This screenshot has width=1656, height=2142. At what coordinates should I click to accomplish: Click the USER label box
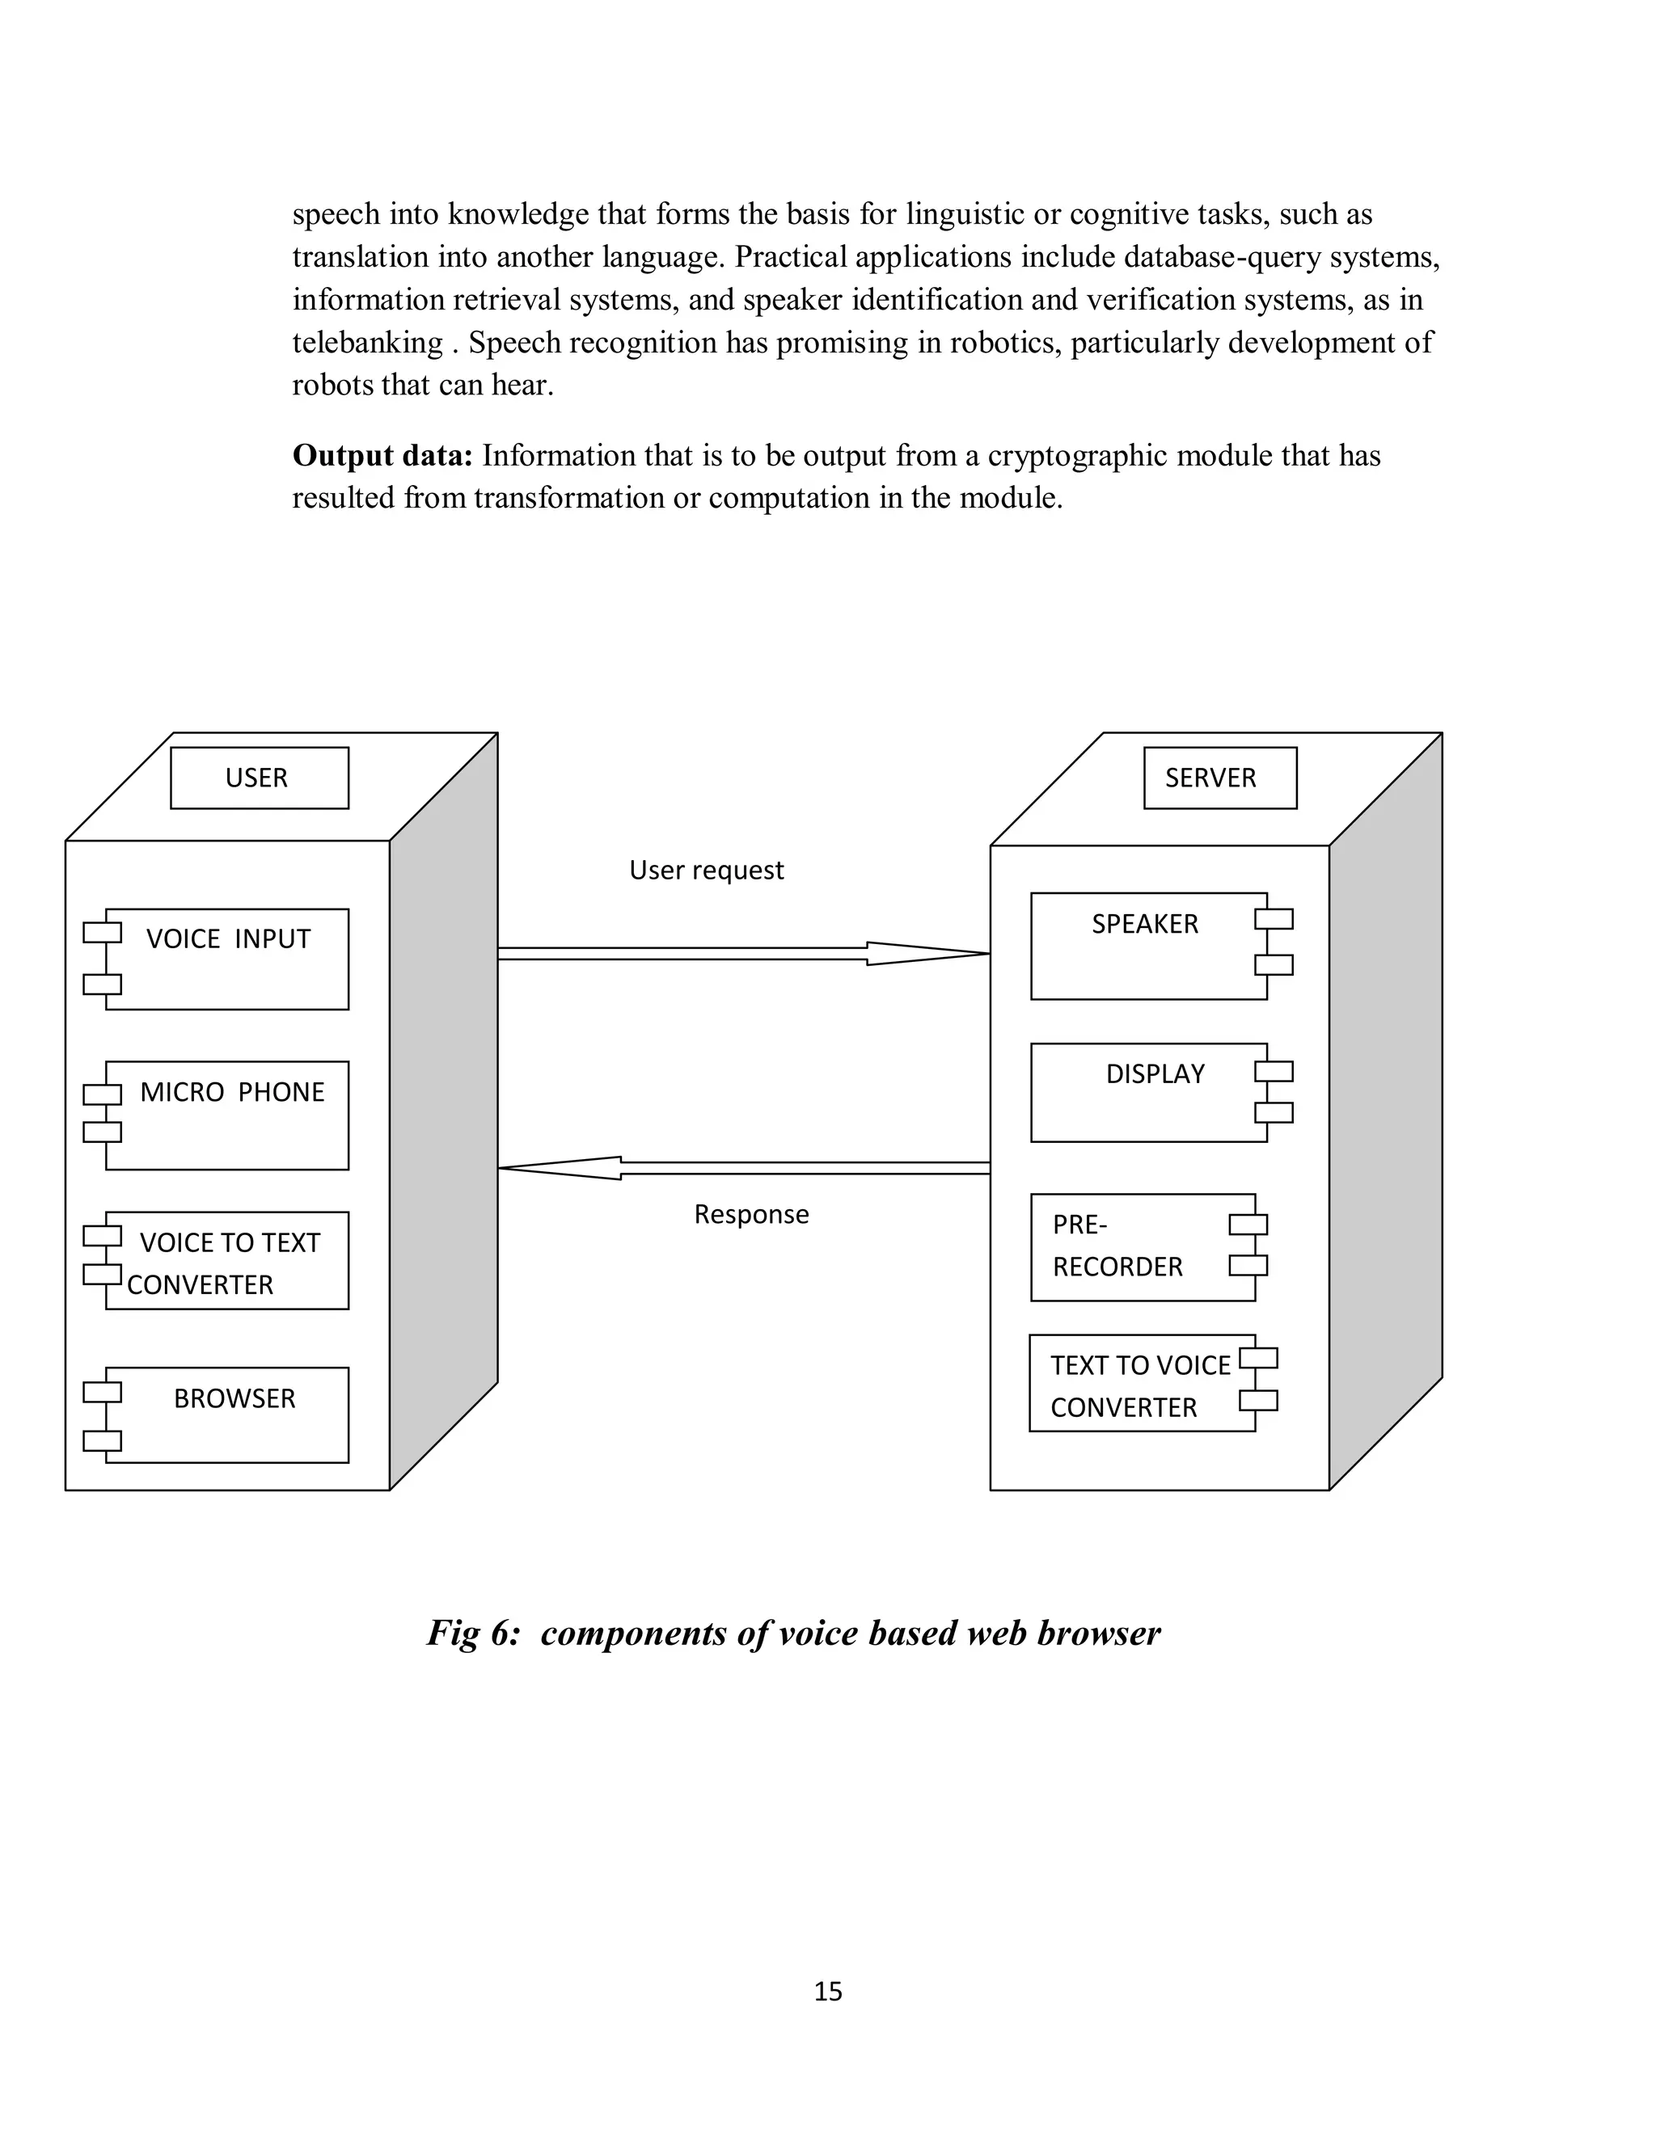click(x=259, y=778)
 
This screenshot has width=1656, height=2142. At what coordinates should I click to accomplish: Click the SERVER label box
click(x=1219, y=778)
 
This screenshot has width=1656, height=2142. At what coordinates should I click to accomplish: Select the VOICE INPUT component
click(x=226, y=959)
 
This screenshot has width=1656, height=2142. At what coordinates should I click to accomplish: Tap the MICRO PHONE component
click(x=226, y=1115)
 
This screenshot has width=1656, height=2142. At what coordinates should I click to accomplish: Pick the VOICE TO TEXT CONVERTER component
click(x=226, y=1261)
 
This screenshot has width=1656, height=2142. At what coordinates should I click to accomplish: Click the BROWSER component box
click(x=226, y=1415)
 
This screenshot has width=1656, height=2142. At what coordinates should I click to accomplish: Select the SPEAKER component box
click(x=1148, y=947)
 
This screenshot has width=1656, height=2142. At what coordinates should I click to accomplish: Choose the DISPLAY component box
click(x=1148, y=1093)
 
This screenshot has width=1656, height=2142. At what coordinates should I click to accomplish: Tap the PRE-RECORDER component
click(x=1143, y=1247)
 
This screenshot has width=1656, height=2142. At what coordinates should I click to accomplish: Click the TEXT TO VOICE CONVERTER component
click(x=1142, y=1384)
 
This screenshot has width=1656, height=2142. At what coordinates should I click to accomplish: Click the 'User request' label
click(x=707, y=870)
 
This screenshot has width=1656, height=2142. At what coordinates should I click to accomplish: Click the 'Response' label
click(x=751, y=1214)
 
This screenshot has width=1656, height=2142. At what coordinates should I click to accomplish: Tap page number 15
click(x=828, y=1991)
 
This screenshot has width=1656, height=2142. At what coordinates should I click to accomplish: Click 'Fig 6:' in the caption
click(x=473, y=1632)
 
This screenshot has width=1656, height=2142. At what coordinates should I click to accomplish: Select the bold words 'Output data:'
click(x=382, y=455)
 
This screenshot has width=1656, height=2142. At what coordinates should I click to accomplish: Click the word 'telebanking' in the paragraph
click(x=368, y=342)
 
